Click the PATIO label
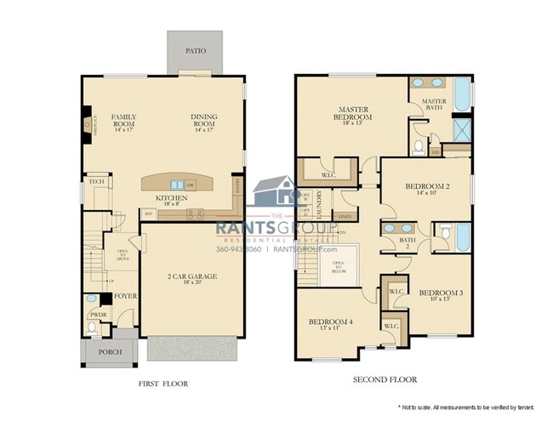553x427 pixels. click(x=195, y=51)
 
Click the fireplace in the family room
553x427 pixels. click(x=88, y=125)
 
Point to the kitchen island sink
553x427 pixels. click(x=177, y=184)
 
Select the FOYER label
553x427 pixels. click(x=126, y=297)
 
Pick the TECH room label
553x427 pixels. click(x=95, y=181)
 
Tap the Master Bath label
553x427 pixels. click(x=435, y=105)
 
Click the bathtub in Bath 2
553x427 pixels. click(x=462, y=236)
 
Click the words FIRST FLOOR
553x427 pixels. click(x=163, y=384)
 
